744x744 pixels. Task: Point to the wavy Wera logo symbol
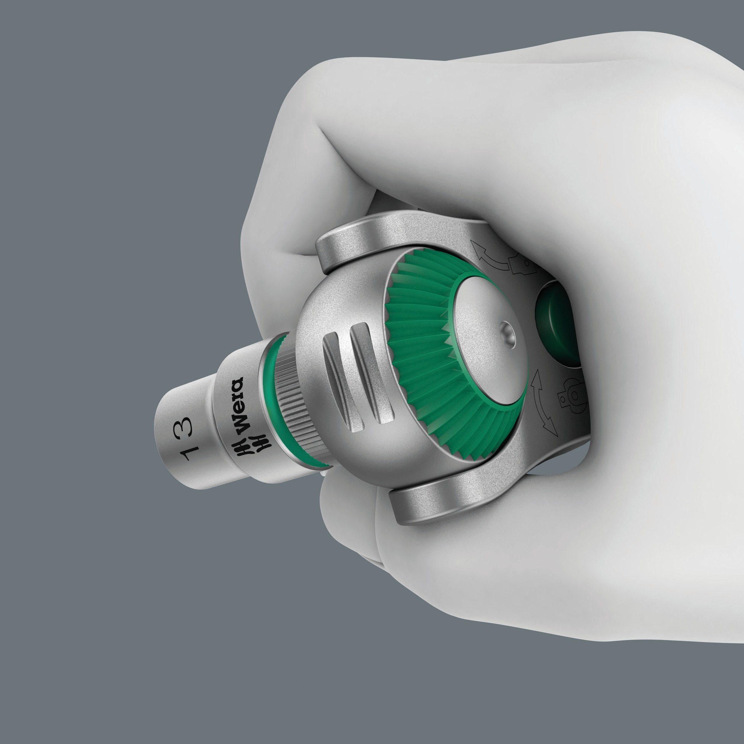point(254,445)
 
